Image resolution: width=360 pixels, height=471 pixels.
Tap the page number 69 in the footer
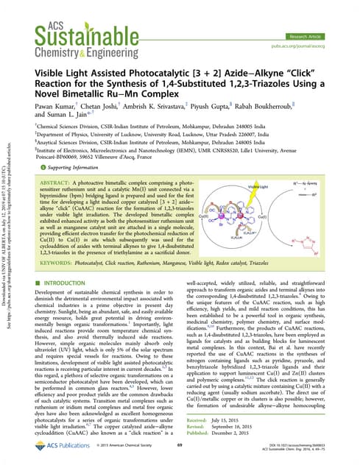pos(179,445)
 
